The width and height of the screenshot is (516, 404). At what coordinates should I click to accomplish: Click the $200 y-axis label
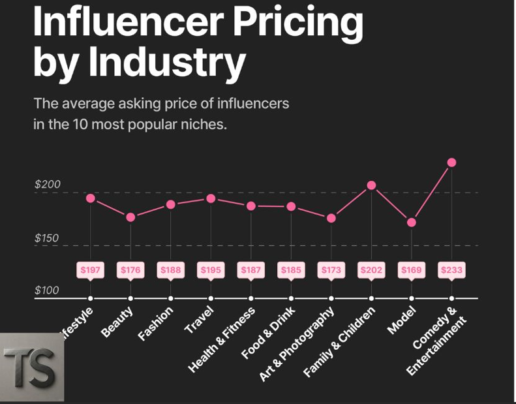click(x=48, y=185)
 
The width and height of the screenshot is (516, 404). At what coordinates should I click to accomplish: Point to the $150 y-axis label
click(x=47, y=238)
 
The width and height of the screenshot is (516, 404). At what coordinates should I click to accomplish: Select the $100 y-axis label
click(x=47, y=290)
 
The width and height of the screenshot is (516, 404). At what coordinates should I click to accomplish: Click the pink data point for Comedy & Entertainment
click(x=451, y=163)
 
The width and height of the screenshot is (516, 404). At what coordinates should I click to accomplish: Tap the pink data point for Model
click(x=412, y=223)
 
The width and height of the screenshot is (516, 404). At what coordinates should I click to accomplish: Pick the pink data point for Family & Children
click(x=371, y=185)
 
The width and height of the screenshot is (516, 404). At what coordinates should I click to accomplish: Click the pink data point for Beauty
click(x=130, y=217)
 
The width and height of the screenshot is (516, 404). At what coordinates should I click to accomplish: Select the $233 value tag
click(x=451, y=270)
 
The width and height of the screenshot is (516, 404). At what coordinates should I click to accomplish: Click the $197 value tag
click(x=90, y=270)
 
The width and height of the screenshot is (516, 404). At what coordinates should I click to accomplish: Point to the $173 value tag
click(x=331, y=270)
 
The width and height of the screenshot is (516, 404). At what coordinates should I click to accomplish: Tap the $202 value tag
click(x=371, y=270)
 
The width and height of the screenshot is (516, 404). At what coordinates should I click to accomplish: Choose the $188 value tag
click(x=170, y=270)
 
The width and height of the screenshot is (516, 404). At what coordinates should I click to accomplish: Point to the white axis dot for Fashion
click(x=171, y=299)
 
